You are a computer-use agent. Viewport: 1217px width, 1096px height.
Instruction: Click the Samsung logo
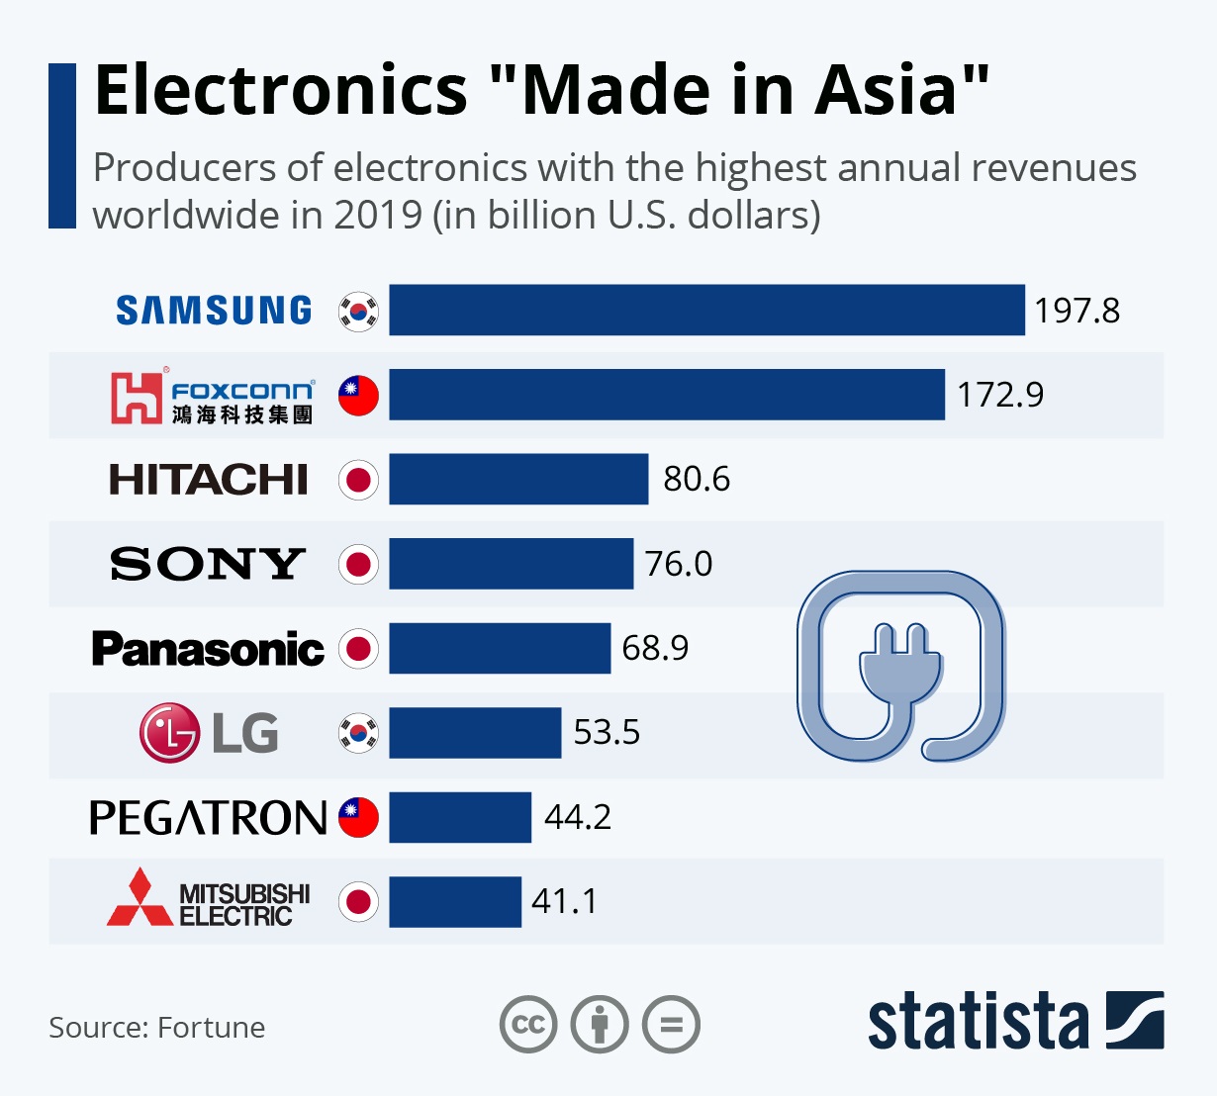pyautogui.click(x=214, y=311)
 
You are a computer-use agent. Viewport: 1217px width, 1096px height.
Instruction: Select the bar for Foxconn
pyautogui.click(x=666, y=395)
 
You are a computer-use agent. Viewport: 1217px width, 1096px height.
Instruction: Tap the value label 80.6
pyautogui.click(x=697, y=479)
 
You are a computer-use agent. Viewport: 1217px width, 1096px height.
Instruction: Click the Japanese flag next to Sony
pyautogui.click(x=358, y=564)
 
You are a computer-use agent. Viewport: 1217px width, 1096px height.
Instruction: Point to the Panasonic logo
pyautogui.click(x=208, y=649)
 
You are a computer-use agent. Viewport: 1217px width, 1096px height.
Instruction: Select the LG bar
pyautogui.click(x=475, y=733)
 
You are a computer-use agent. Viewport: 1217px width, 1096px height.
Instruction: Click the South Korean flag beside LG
pyautogui.click(x=358, y=733)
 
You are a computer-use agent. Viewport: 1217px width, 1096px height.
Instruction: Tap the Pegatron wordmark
pyautogui.click(x=208, y=818)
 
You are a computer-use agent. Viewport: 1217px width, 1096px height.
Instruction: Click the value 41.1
pyautogui.click(x=564, y=902)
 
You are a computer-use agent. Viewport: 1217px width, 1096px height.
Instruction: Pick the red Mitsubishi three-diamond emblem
pyautogui.click(x=140, y=899)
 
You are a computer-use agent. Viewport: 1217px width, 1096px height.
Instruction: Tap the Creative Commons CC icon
pyautogui.click(x=528, y=1025)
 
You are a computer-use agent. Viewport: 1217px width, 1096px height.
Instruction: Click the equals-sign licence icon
pyautogui.click(x=672, y=1025)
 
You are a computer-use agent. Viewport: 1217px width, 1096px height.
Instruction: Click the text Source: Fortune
pyautogui.click(x=156, y=1028)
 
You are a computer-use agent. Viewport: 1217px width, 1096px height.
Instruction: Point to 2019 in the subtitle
pyautogui.click(x=378, y=215)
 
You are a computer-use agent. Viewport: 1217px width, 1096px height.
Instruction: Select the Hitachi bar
pyautogui.click(x=518, y=479)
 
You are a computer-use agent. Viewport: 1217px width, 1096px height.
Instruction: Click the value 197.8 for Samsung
pyautogui.click(x=1077, y=311)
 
